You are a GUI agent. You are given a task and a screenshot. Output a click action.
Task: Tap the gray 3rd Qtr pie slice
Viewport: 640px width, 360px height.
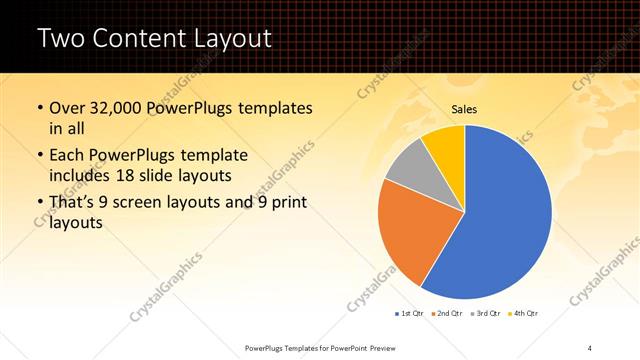tap(408, 164)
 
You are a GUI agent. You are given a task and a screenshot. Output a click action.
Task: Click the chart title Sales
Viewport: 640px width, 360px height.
tap(464, 108)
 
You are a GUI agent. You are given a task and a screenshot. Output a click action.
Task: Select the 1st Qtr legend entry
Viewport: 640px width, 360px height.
tap(410, 313)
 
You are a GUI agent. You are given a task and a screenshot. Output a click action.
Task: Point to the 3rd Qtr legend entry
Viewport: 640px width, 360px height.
tap(485, 313)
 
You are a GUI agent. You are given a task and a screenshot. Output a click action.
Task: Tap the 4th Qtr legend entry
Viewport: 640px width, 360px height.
tap(523, 313)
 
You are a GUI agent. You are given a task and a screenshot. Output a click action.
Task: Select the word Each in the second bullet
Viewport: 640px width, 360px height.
tap(67, 156)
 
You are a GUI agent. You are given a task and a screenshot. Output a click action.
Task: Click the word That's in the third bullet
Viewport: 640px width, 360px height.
tap(73, 203)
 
